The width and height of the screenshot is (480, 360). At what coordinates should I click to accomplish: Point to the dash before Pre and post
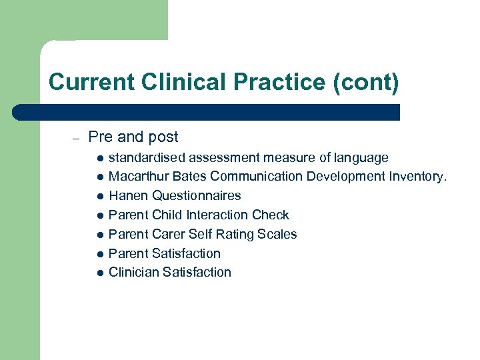click(x=76, y=138)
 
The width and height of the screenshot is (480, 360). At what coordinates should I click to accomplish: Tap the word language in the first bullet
click(x=361, y=158)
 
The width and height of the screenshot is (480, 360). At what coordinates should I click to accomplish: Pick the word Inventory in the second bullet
click(x=419, y=177)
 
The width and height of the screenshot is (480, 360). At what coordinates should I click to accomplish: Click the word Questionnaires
click(x=197, y=196)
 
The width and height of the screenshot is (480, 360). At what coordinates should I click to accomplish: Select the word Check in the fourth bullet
click(x=271, y=215)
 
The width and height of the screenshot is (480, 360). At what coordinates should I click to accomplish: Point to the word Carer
click(x=167, y=234)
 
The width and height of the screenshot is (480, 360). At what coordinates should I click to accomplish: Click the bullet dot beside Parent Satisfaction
click(x=99, y=254)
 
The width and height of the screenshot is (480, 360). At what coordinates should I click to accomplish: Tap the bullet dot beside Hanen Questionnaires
click(x=99, y=197)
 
